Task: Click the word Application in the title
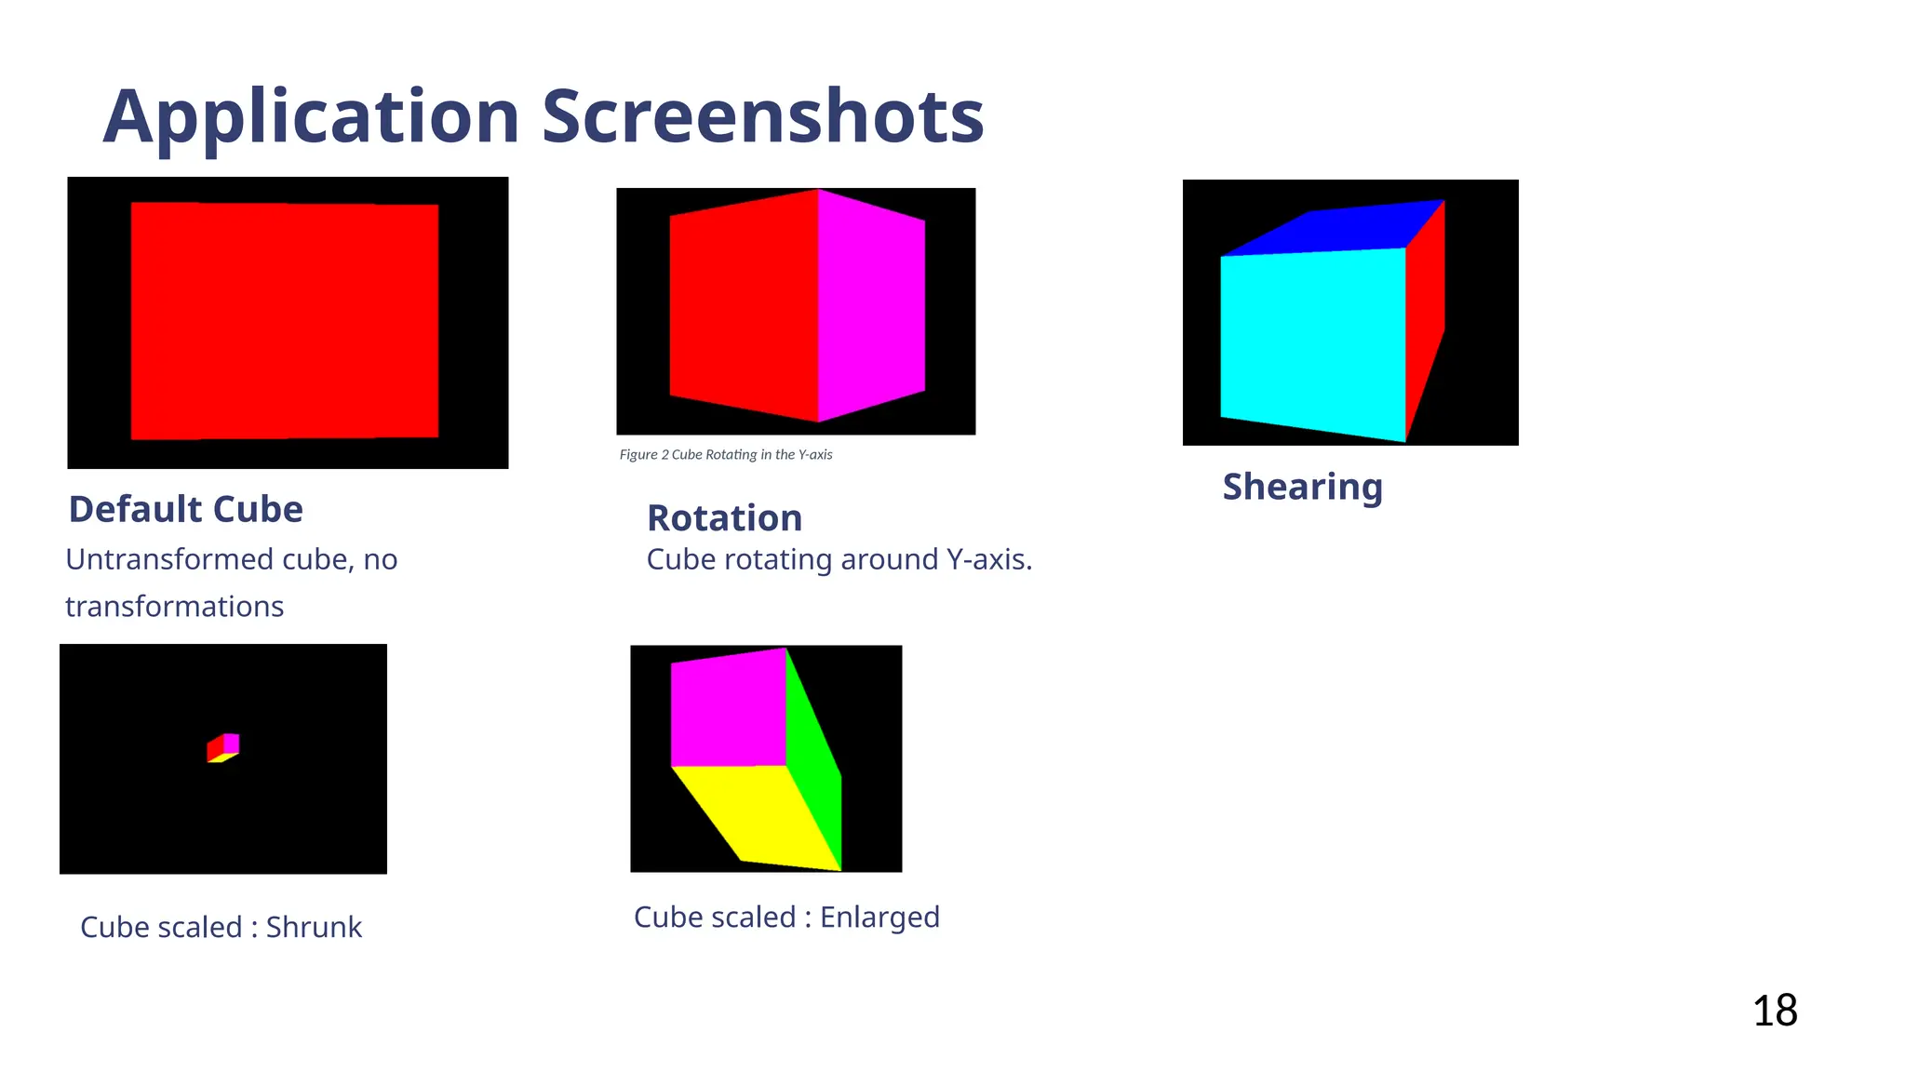coord(311,117)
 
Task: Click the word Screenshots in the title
coord(762,117)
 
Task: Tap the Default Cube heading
coord(186,509)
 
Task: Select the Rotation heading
coord(724,517)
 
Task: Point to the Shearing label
coord(1302,487)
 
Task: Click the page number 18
coord(1775,1011)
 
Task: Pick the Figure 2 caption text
coord(726,454)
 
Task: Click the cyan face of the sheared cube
coord(1312,342)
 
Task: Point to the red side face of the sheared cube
coord(1425,316)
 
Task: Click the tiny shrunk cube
coord(223,747)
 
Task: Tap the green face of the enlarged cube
coord(812,763)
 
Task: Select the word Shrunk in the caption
coord(314,927)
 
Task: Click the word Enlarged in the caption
coord(879,917)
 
